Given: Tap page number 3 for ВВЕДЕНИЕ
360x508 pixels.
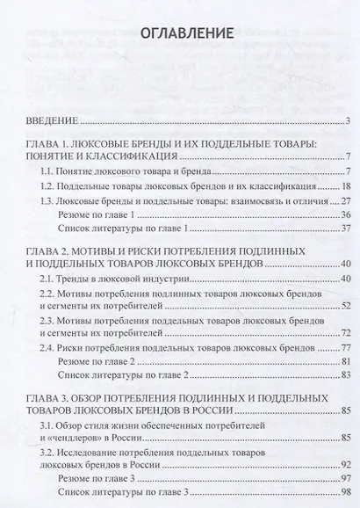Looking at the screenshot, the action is pyautogui.click(x=349, y=121).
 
